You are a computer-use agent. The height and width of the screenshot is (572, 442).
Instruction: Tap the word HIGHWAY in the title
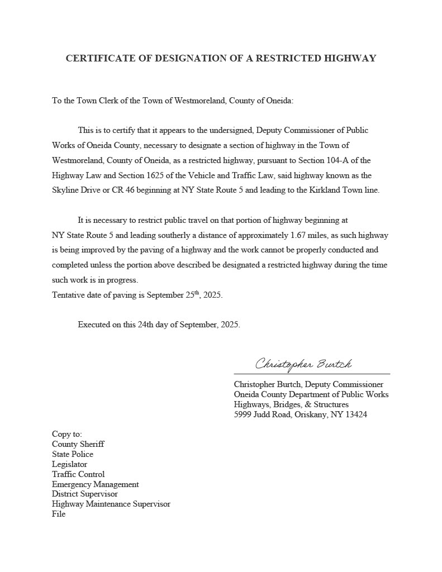(x=351, y=58)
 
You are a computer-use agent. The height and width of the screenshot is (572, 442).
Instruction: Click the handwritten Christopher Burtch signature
(x=303, y=364)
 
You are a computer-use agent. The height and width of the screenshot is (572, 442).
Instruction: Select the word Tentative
(x=69, y=295)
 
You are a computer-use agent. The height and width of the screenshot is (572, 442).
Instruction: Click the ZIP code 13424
(x=356, y=414)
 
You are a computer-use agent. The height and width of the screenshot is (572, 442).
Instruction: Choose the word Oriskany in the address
(x=310, y=414)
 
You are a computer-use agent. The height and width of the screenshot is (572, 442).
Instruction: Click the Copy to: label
(x=67, y=434)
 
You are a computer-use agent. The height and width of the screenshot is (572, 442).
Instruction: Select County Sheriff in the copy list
(x=78, y=444)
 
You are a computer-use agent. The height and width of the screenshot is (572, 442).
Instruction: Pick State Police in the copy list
(x=73, y=454)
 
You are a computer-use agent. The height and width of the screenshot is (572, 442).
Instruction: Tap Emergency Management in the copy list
(x=96, y=484)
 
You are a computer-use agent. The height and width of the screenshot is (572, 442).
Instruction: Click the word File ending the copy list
(x=59, y=514)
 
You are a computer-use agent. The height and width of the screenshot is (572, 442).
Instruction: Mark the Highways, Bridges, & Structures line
(x=291, y=404)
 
